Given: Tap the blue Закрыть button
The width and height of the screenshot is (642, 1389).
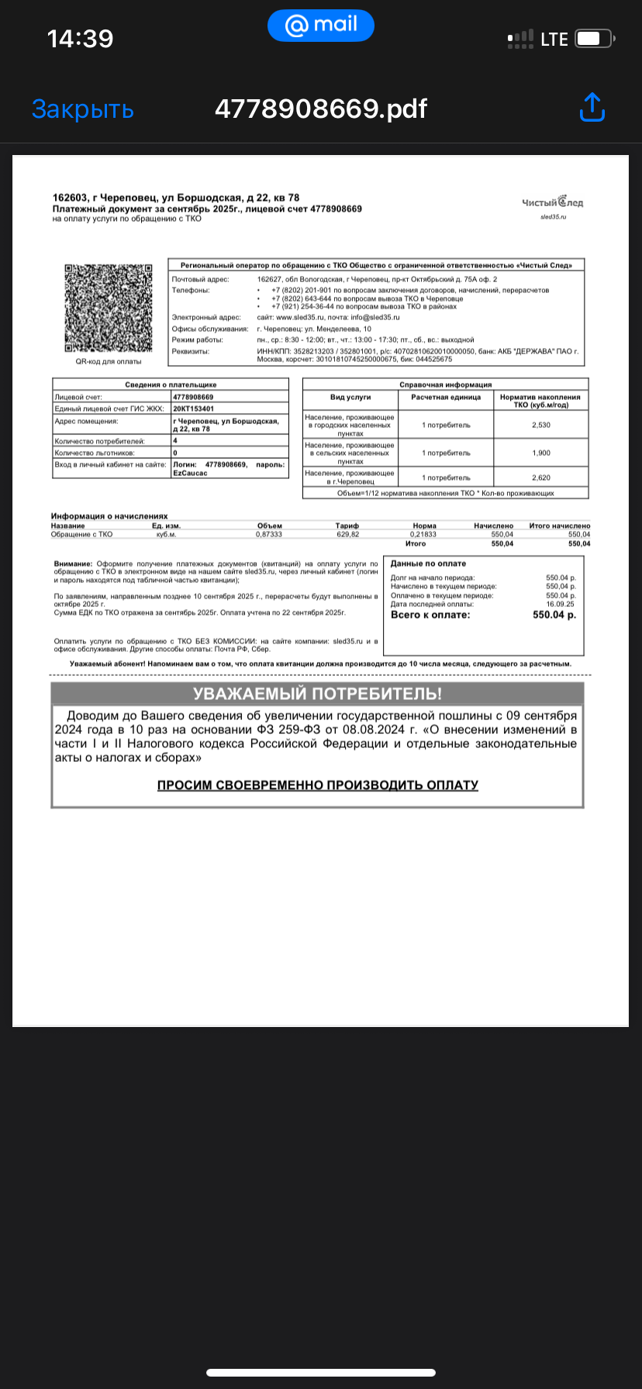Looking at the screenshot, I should click(83, 109).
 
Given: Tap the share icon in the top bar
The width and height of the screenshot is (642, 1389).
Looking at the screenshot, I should click(592, 109).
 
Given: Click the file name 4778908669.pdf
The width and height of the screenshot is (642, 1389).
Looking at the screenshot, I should click(320, 109).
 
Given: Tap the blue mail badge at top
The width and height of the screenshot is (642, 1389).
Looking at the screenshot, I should click(320, 26).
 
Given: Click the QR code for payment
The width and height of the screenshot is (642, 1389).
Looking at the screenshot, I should click(108, 308).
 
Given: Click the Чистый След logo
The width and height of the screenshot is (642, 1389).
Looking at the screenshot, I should click(553, 203).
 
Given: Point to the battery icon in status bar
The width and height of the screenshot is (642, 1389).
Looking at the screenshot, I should click(595, 38).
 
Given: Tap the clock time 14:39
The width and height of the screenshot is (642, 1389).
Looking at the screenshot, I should click(80, 39).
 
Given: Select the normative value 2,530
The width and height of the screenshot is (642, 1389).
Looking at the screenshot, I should click(540, 425).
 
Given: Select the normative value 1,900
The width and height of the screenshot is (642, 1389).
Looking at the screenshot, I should click(540, 453).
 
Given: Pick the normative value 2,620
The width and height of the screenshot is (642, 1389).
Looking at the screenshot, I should click(540, 477).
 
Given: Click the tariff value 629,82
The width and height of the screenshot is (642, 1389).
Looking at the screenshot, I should click(347, 534).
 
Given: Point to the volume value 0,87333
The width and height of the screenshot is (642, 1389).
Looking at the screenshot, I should click(269, 534).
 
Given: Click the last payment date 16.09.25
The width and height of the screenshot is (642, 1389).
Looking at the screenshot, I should click(561, 604).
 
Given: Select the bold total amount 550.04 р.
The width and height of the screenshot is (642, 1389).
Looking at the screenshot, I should click(554, 615).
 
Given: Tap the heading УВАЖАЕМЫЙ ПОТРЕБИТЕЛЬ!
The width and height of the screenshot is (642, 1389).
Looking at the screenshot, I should click(317, 694).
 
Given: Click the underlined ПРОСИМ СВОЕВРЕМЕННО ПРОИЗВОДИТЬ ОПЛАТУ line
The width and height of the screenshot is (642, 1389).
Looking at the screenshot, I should click(317, 785).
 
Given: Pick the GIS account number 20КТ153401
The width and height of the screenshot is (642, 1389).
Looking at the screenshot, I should click(194, 408).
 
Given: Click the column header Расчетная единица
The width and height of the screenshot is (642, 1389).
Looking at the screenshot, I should click(446, 397).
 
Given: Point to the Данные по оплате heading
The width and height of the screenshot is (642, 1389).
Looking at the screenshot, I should click(428, 564).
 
